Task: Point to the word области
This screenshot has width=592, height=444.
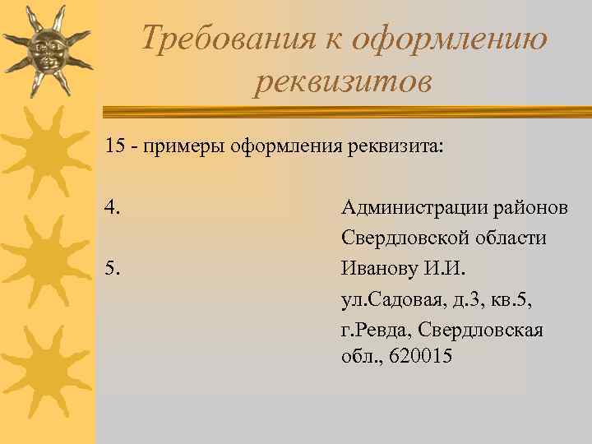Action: (x=511, y=238)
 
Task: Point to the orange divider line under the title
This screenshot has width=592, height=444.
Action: (x=345, y=109)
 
